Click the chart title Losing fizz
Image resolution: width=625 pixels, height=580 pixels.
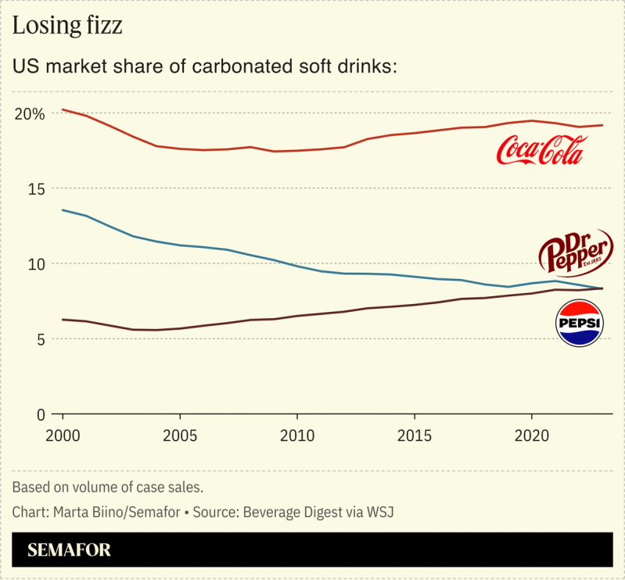point(67,26)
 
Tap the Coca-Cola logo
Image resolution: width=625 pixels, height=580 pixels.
point(541,150)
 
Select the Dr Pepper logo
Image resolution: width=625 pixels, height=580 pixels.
point(577,252)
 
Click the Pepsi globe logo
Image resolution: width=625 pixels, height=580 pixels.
point(579,323)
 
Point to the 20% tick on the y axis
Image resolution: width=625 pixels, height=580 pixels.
point(28,113)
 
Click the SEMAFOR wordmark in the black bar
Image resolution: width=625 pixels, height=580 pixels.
point(70,550)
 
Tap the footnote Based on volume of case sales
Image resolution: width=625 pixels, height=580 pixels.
point(108,487)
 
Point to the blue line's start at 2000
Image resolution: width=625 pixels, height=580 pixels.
point(63,209)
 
